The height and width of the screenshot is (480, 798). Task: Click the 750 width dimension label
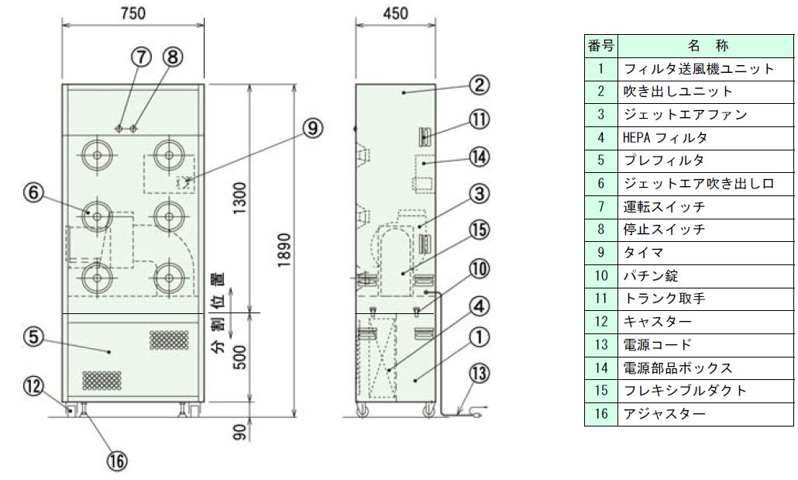tap(132, 12)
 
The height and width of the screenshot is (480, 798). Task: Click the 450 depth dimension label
tap(395, 12)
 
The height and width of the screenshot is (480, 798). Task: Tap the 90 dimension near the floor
tap(241, 431)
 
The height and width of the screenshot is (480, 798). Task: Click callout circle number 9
tap(312, 128)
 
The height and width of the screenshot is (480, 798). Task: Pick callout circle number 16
tap(116, 461)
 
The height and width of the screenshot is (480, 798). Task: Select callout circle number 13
tap(478, 374)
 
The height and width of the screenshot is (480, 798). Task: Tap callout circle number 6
tap(33, 192)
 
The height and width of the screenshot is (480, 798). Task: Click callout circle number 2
tap(478, 85)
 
